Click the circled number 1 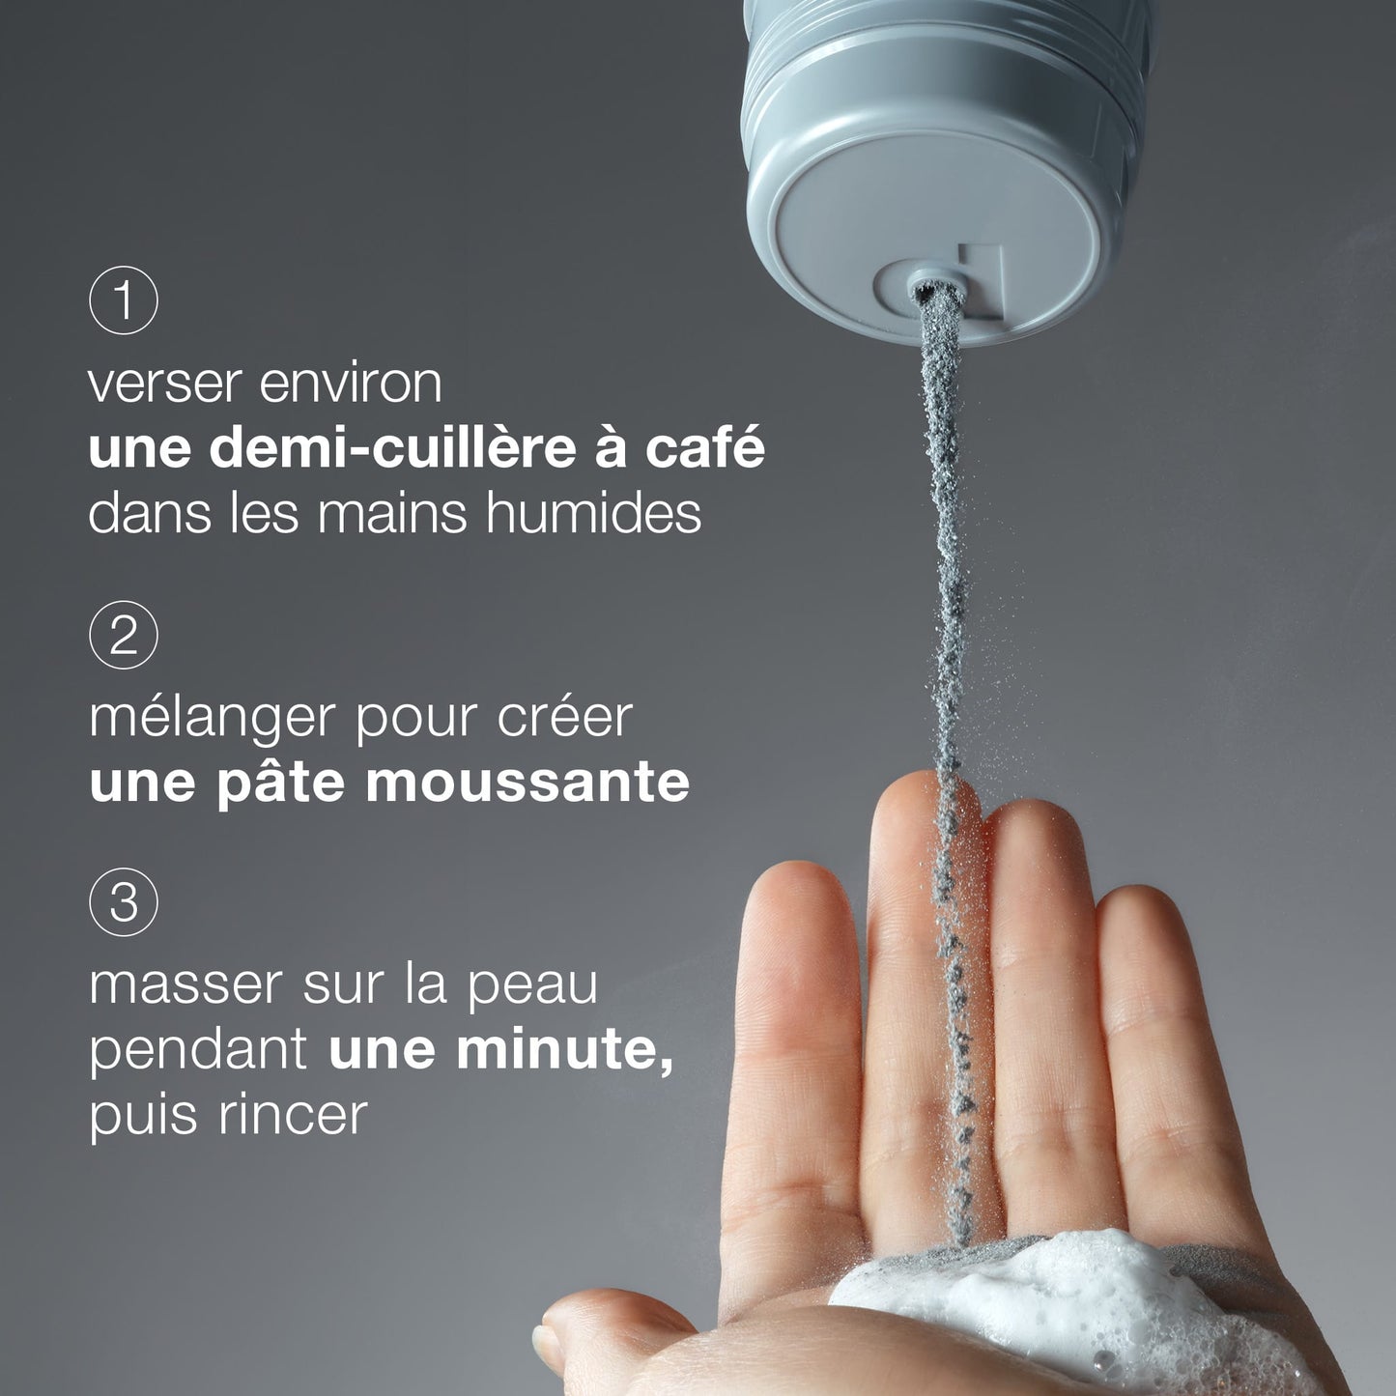click(x=123, y=299)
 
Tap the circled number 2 click(x=123, y=635)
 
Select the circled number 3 click(x=123, y=902)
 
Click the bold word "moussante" click(x=527, y=783)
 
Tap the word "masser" click(x=185, y=986)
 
